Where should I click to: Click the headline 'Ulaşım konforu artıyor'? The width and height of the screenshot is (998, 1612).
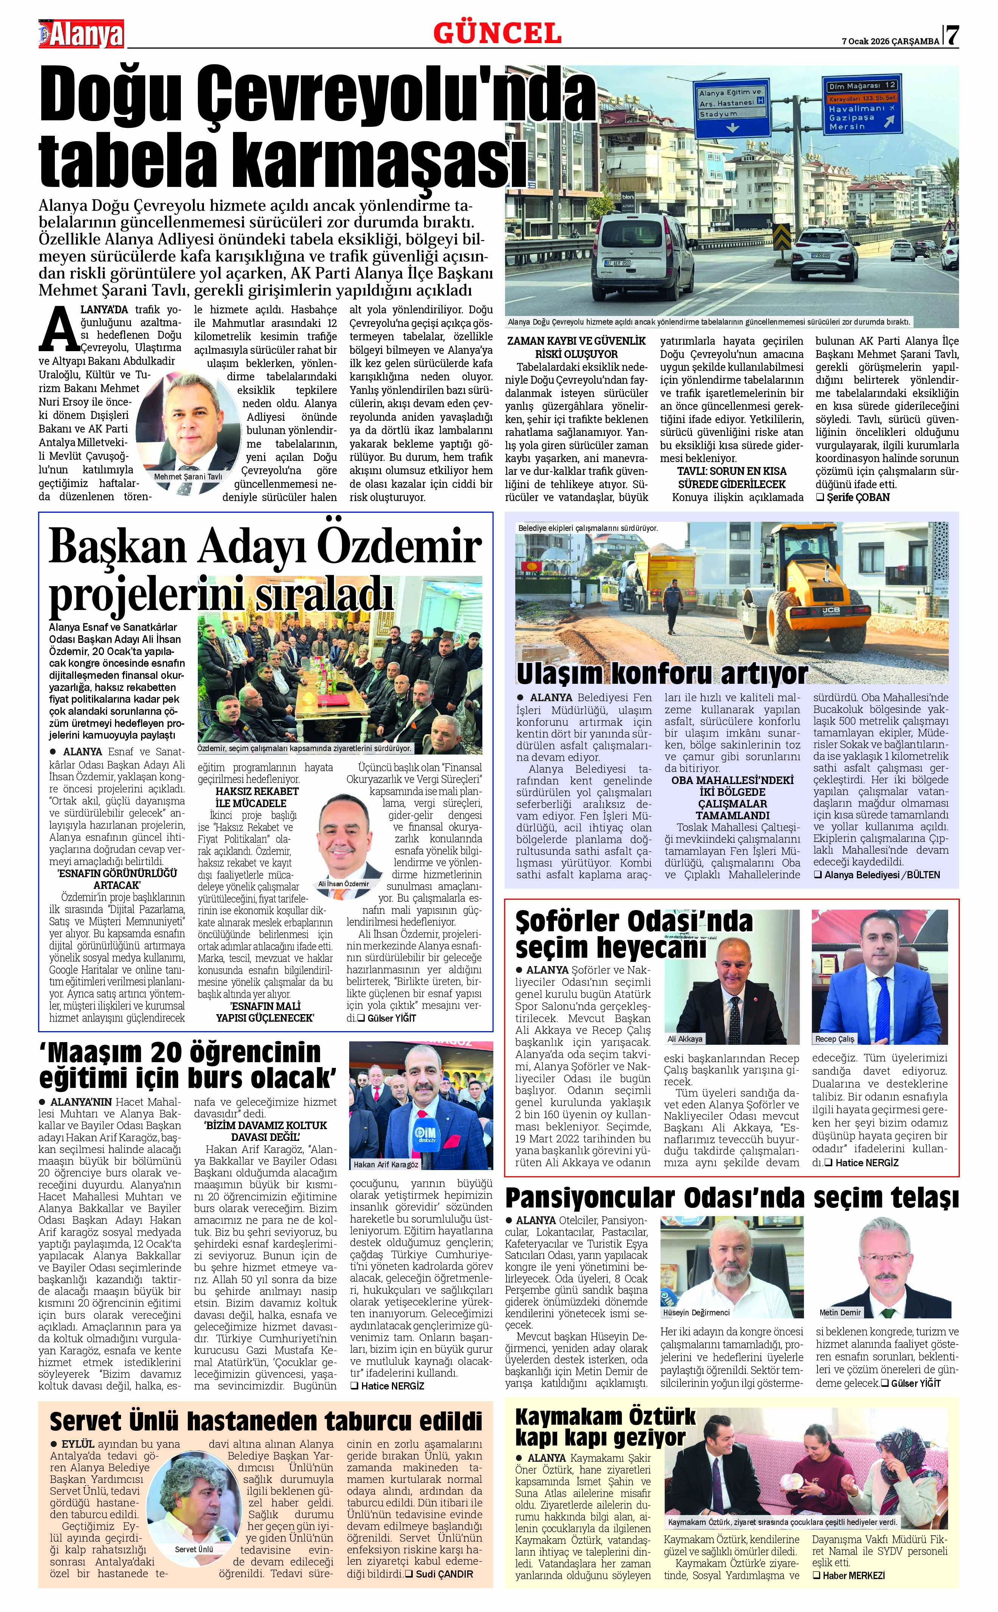point(662,673)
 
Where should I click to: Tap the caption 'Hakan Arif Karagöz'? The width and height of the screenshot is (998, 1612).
point(386,1164)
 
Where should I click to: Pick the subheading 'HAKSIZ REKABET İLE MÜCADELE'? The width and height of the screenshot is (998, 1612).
point(251,797)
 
